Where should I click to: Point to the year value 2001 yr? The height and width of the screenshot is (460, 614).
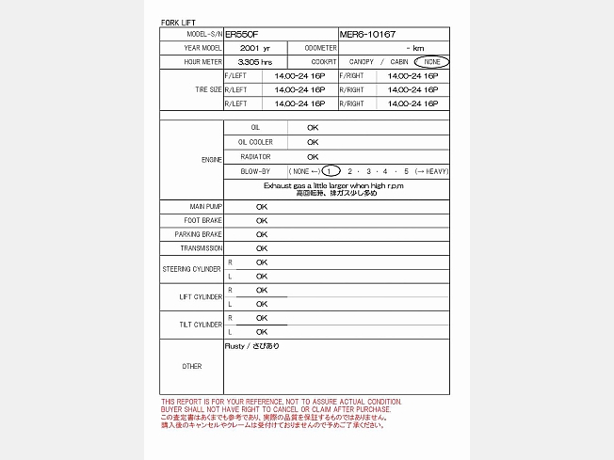(x=255, y=48)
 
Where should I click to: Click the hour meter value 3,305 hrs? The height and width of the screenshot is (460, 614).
(x=255, y=62)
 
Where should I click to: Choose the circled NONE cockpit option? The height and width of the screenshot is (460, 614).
(x=431, y=62)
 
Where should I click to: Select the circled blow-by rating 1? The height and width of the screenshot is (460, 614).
(x=331, y=171)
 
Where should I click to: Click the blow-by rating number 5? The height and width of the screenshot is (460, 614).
(x=407, y=171)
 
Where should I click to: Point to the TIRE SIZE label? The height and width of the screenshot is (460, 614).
(x=208, y=89)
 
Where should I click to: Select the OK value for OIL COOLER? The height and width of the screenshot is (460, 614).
(x=313, y=142)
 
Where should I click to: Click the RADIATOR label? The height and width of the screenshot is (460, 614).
(x=255, y=156)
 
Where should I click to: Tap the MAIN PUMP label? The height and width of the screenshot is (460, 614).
(x=206, y=206)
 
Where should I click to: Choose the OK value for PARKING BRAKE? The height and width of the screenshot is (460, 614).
(x=262, y=234)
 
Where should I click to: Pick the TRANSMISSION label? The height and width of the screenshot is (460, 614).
(x=202, y=248)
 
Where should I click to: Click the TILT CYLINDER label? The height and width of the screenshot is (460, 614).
(x=201, y=325)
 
